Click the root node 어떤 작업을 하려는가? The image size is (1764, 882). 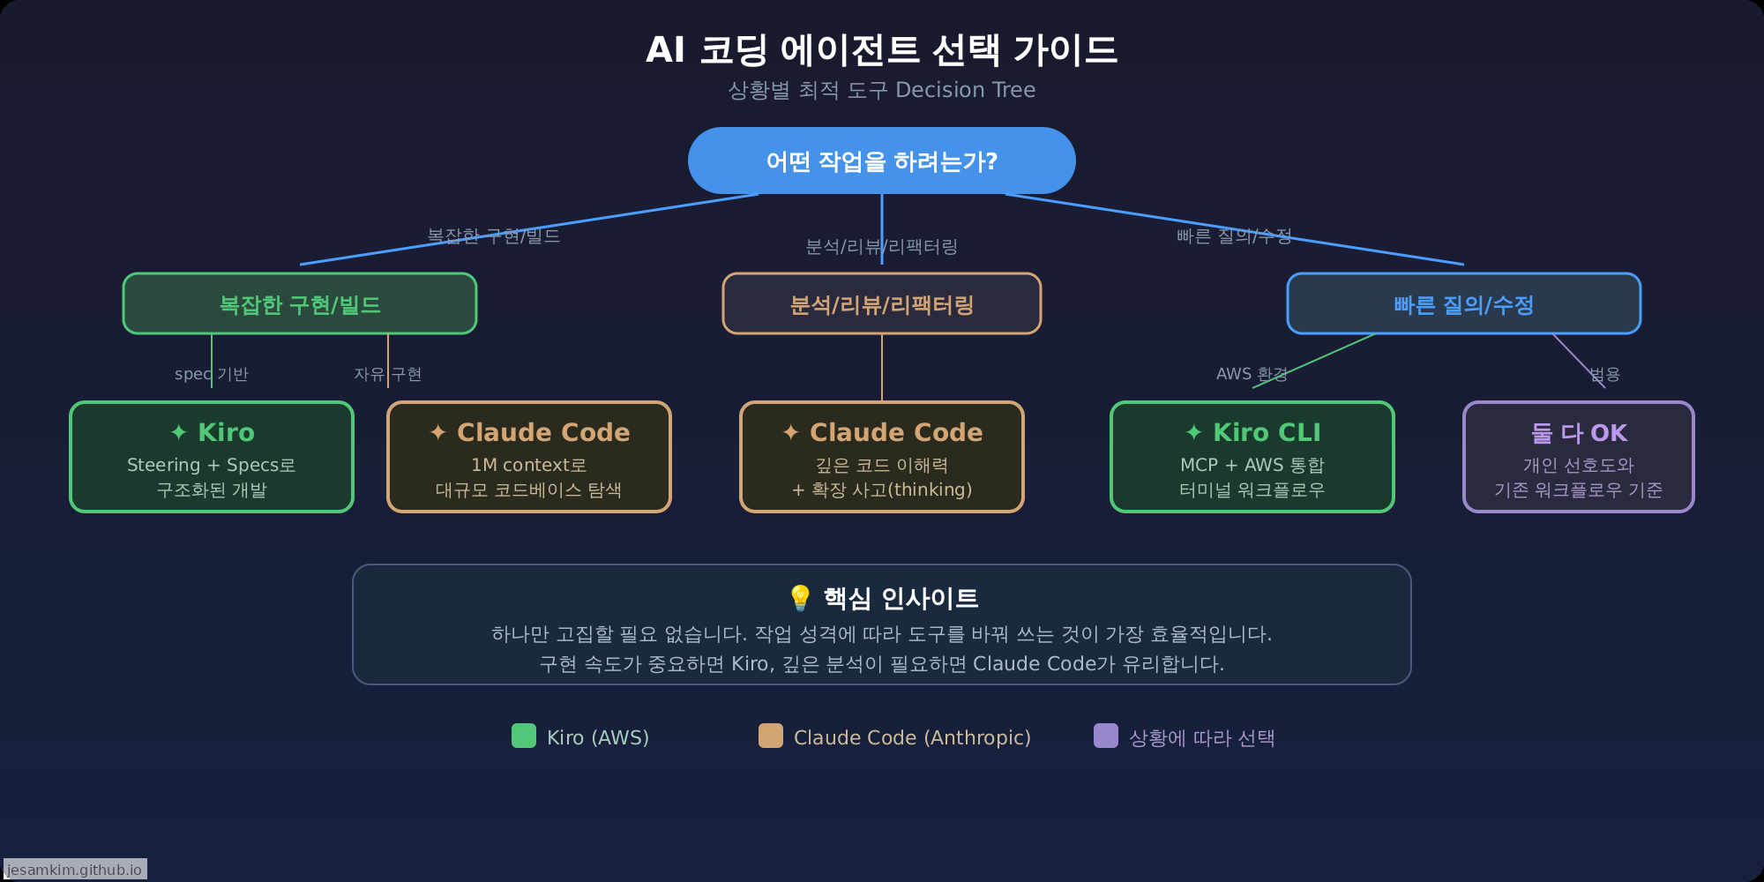point(882,161)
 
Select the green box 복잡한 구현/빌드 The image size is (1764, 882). point(300,304)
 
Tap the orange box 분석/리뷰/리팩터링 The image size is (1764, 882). point(882,304)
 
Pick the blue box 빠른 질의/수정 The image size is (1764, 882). point(1464,304)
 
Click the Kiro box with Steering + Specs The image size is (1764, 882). point(212,457)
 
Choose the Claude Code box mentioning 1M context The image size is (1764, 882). point(529,457)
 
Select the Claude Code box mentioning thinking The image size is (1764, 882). point(882,457)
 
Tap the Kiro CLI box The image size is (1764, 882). point(1252,457)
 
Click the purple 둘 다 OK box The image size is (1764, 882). point(1579,457)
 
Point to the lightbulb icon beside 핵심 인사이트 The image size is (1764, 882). point(800,598)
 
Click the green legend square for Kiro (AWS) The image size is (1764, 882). point(524,736)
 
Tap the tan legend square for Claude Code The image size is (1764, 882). point(771,736)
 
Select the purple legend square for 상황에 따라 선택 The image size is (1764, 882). point(1106,736)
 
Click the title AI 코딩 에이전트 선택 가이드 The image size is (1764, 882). point(882,49)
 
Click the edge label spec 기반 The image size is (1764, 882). point(212,374)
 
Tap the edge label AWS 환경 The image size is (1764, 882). point(1252,374)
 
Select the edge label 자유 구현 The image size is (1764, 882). point(388,374)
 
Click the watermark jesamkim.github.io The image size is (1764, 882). point(75,870)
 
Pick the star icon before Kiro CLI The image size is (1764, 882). point(1194,432)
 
